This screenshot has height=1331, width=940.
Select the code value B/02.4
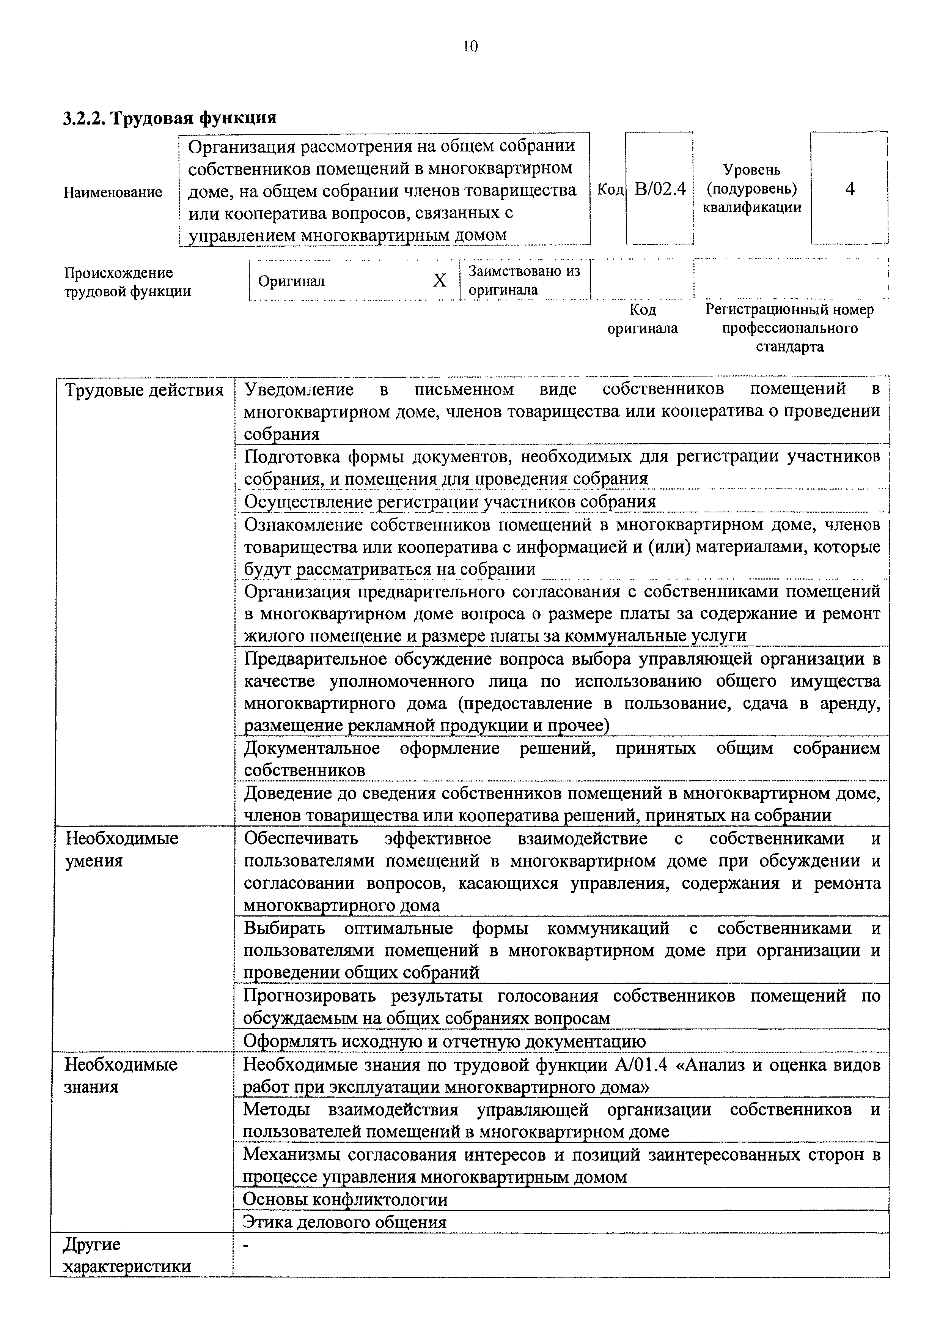click(x=660, y=189)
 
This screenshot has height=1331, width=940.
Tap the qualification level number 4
click(x=850, y=189)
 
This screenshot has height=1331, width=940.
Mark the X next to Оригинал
click(x=440, y=280)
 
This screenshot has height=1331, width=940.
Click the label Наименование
click(x=113, y=192)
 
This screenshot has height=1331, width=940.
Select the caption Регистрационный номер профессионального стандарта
click(x=789, y=328)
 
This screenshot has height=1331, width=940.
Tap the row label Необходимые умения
click(x=122, y=849)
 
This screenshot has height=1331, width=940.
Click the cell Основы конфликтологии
click(x=346, y=1199)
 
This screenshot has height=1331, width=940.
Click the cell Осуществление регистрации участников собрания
click(x=450, y=501)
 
